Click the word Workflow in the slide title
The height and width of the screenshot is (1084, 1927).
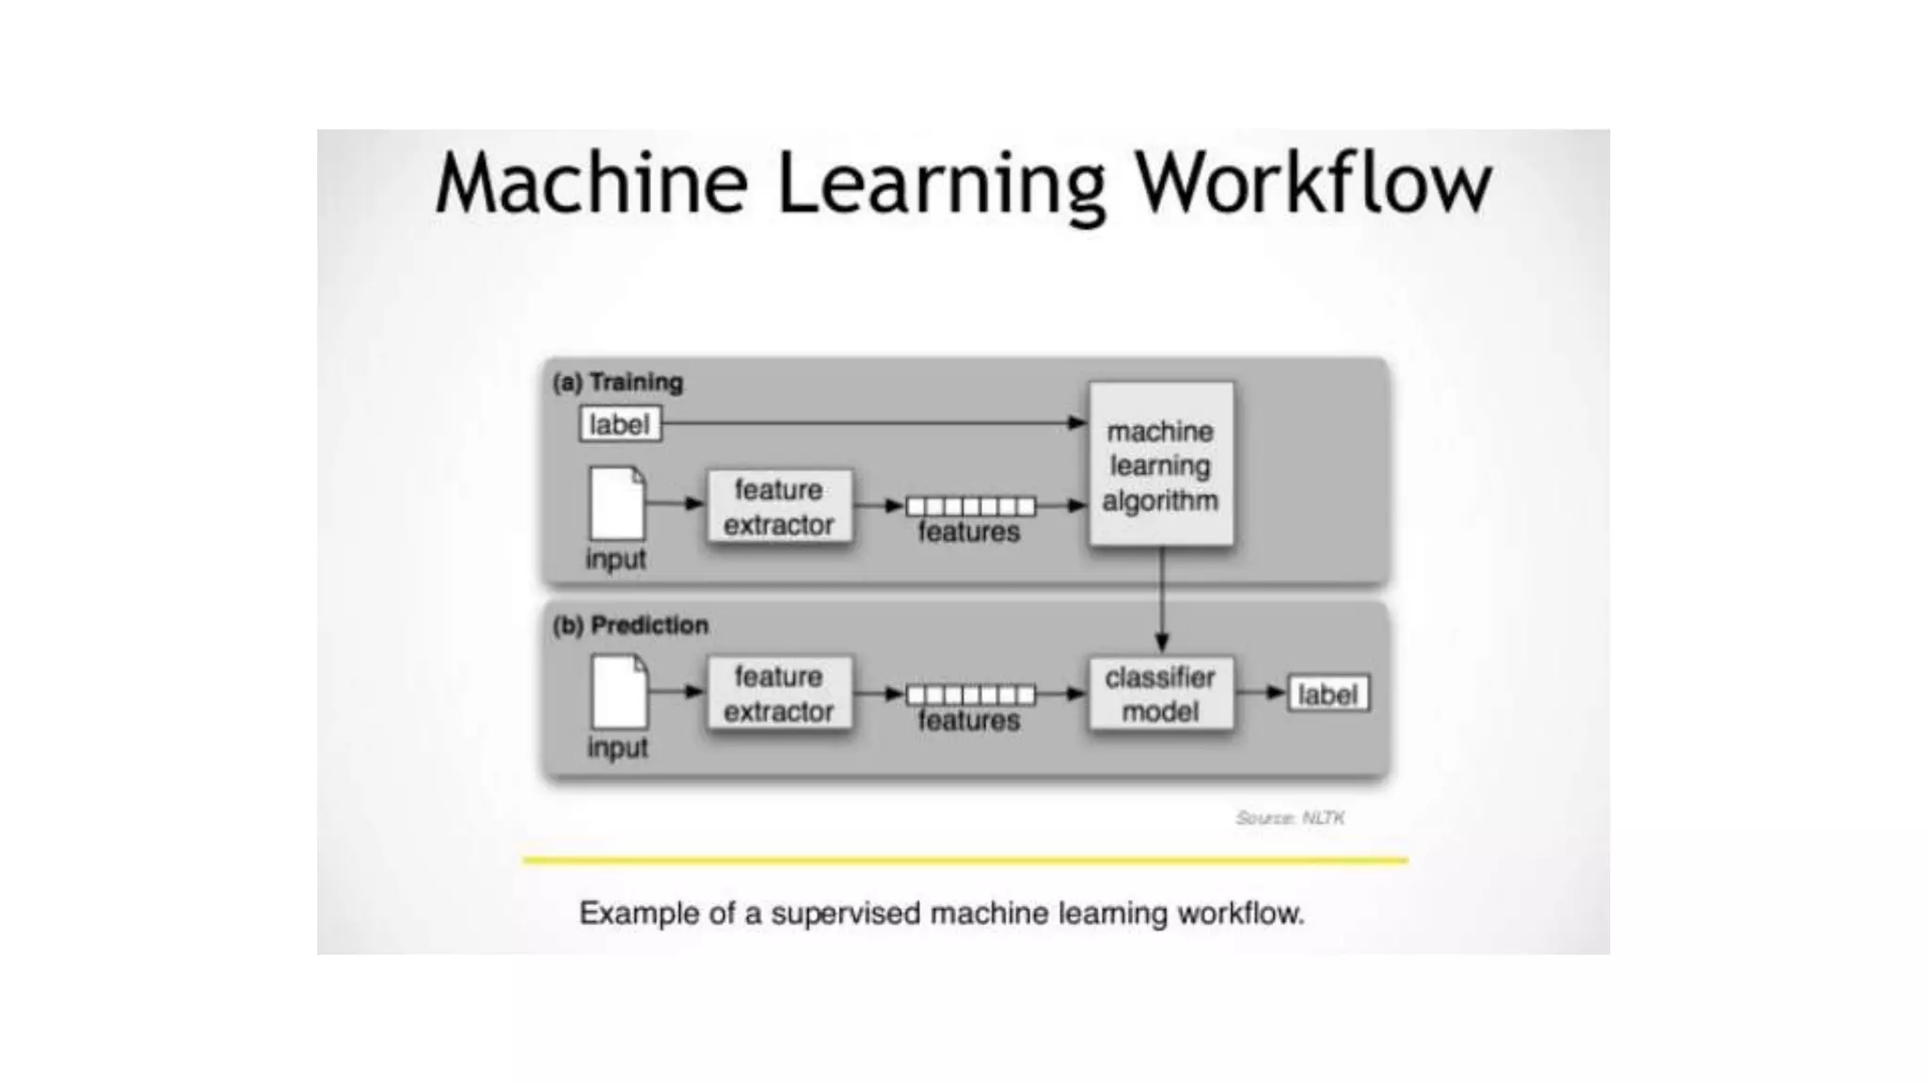point(1313,183)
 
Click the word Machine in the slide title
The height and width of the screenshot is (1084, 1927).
point(592,183)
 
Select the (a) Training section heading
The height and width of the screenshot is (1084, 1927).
point(618,383)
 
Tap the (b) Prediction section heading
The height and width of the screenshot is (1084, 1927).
point(630,626)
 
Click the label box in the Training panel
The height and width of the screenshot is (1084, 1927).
point(620,424)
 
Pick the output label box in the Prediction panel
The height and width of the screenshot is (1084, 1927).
point(1328,694)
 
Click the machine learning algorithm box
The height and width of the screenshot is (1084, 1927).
point(1161,465)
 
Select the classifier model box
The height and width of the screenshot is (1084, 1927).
point(1161,694)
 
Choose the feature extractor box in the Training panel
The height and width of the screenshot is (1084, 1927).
point(779,507)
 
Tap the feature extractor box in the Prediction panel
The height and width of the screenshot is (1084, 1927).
point(779,694)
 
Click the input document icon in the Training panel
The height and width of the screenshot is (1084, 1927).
point(617,503)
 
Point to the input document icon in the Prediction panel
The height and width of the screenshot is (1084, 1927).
point(618,692)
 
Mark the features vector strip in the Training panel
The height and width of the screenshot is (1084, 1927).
point(970,506)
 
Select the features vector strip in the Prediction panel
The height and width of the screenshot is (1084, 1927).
point(970,694)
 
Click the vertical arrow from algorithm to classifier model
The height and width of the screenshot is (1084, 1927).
point(1162,598)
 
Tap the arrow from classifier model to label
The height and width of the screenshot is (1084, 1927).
point(1261,693)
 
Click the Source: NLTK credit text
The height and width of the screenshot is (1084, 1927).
point(1290,818)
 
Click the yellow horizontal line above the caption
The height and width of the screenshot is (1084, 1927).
point(965,860)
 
